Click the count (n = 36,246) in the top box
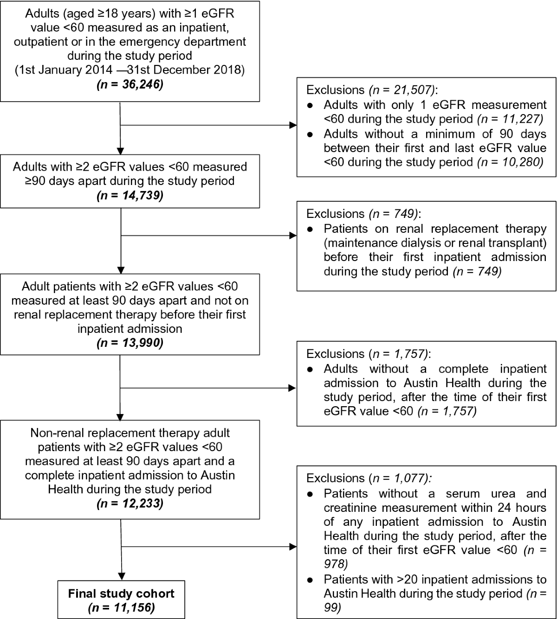130,85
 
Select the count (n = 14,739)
130,195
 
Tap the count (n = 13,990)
130,344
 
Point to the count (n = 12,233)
130,504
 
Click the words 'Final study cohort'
121,593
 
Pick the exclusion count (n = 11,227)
510,119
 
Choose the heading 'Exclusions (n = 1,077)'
369,478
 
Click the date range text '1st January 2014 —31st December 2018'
130,70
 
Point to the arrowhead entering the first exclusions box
293,125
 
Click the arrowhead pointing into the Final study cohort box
121,575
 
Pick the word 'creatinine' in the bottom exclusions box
352,508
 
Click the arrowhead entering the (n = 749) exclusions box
293,236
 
